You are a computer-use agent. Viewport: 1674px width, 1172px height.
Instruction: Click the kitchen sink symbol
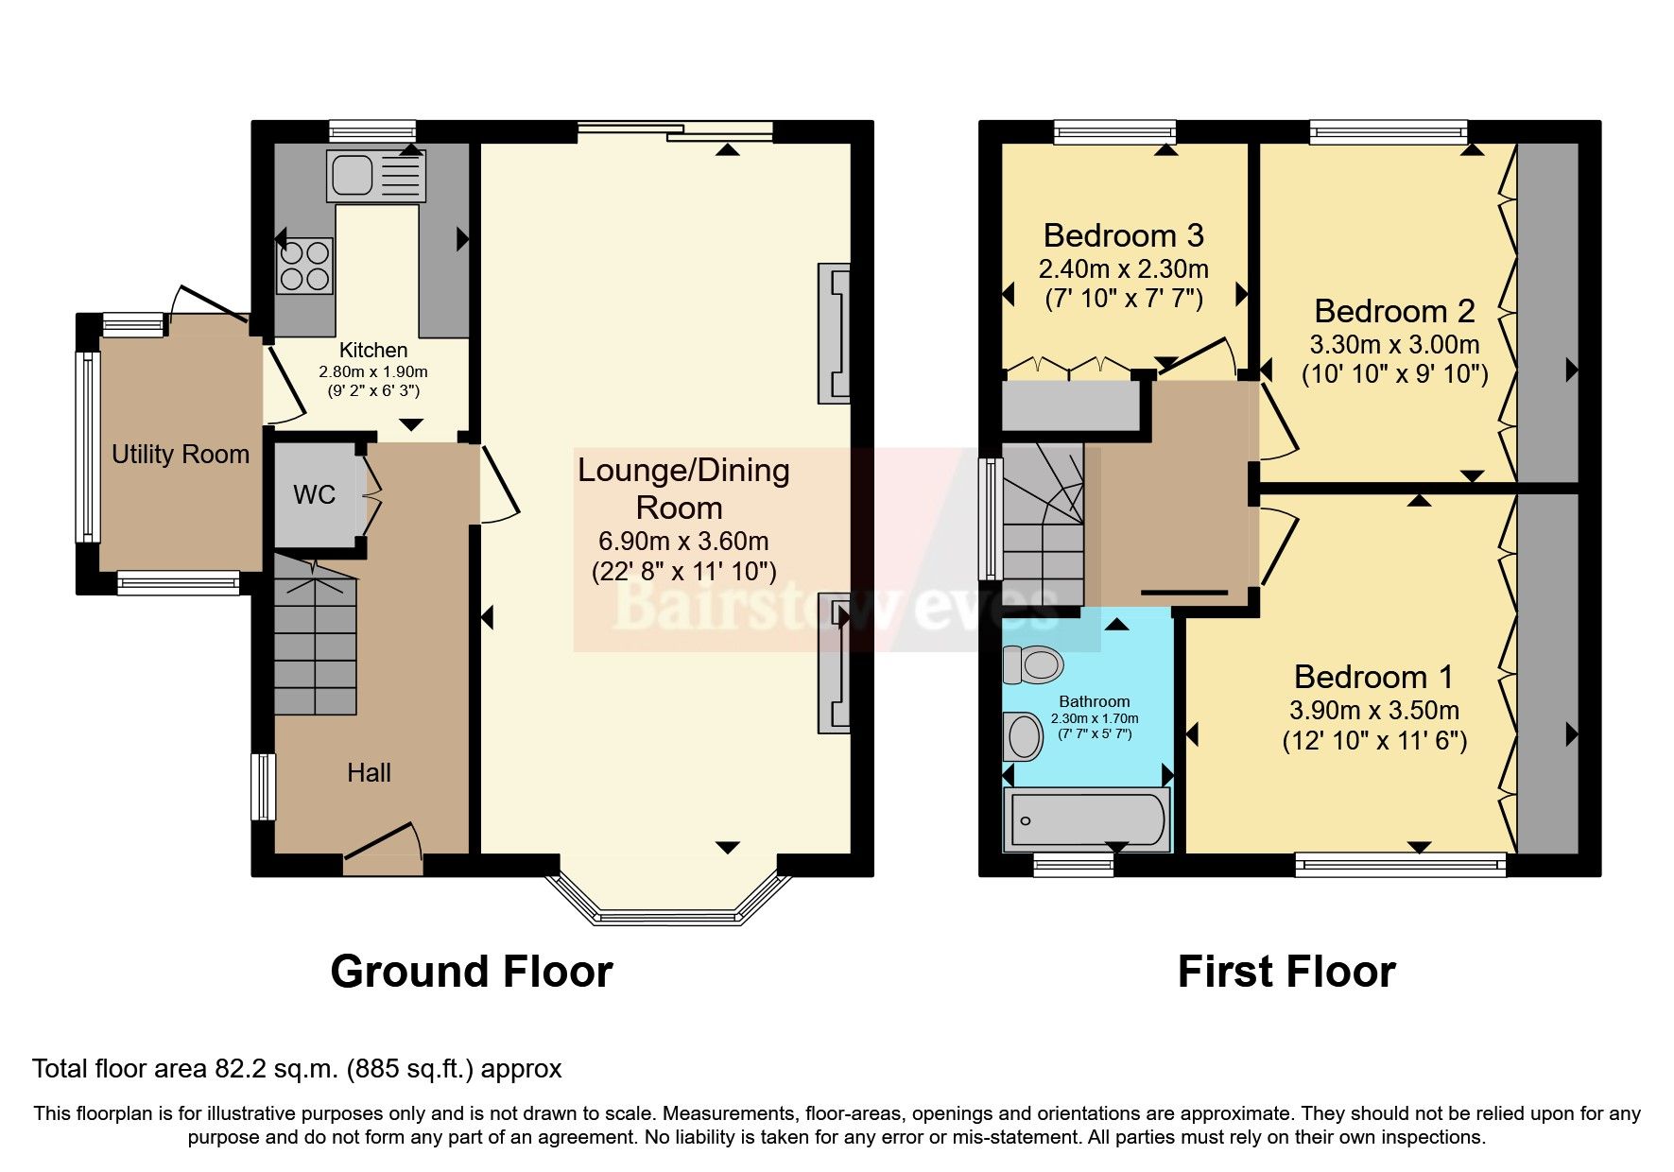(376, 176)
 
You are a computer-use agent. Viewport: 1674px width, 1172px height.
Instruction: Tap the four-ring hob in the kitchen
(304, 266)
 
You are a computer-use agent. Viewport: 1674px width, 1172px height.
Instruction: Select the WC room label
(314, 495)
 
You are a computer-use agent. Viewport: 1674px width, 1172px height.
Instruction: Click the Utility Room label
(181, 455)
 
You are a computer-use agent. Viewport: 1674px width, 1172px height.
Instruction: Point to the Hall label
(369, 773)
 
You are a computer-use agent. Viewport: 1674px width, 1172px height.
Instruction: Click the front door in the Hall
(382, 844)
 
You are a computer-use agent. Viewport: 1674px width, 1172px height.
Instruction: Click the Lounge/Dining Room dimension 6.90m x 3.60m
(683, 542)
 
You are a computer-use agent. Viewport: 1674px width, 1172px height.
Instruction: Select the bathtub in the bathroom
(1086, 819)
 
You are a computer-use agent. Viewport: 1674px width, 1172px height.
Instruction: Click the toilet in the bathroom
(1033, 664)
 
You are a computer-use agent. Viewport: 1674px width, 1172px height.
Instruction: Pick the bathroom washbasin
(1022, 736)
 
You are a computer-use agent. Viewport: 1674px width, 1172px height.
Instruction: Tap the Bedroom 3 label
(1123, 235)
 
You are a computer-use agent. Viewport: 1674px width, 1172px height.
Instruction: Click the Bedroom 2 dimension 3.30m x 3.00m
(1394, 344)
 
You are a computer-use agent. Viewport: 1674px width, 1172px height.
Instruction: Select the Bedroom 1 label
(1373, 677)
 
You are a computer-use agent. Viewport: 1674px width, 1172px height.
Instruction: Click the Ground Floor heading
(471, 972)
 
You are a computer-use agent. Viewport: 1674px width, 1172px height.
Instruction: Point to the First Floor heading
(1286, 972)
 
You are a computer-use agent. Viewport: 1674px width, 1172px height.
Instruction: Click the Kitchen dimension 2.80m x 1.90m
(373, 371)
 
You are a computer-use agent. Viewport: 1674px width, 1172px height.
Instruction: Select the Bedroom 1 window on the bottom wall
(1400, 862)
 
